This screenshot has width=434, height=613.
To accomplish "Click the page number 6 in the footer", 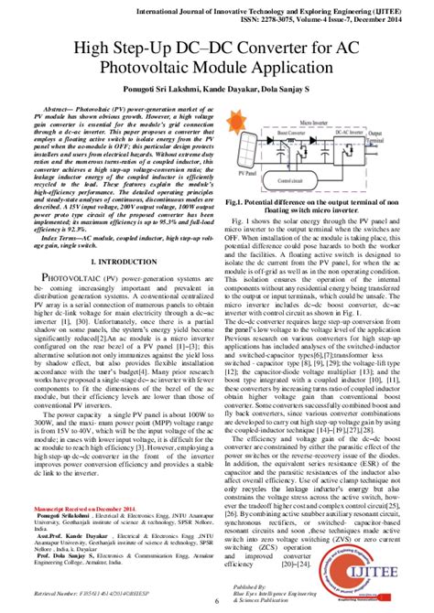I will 217,599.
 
